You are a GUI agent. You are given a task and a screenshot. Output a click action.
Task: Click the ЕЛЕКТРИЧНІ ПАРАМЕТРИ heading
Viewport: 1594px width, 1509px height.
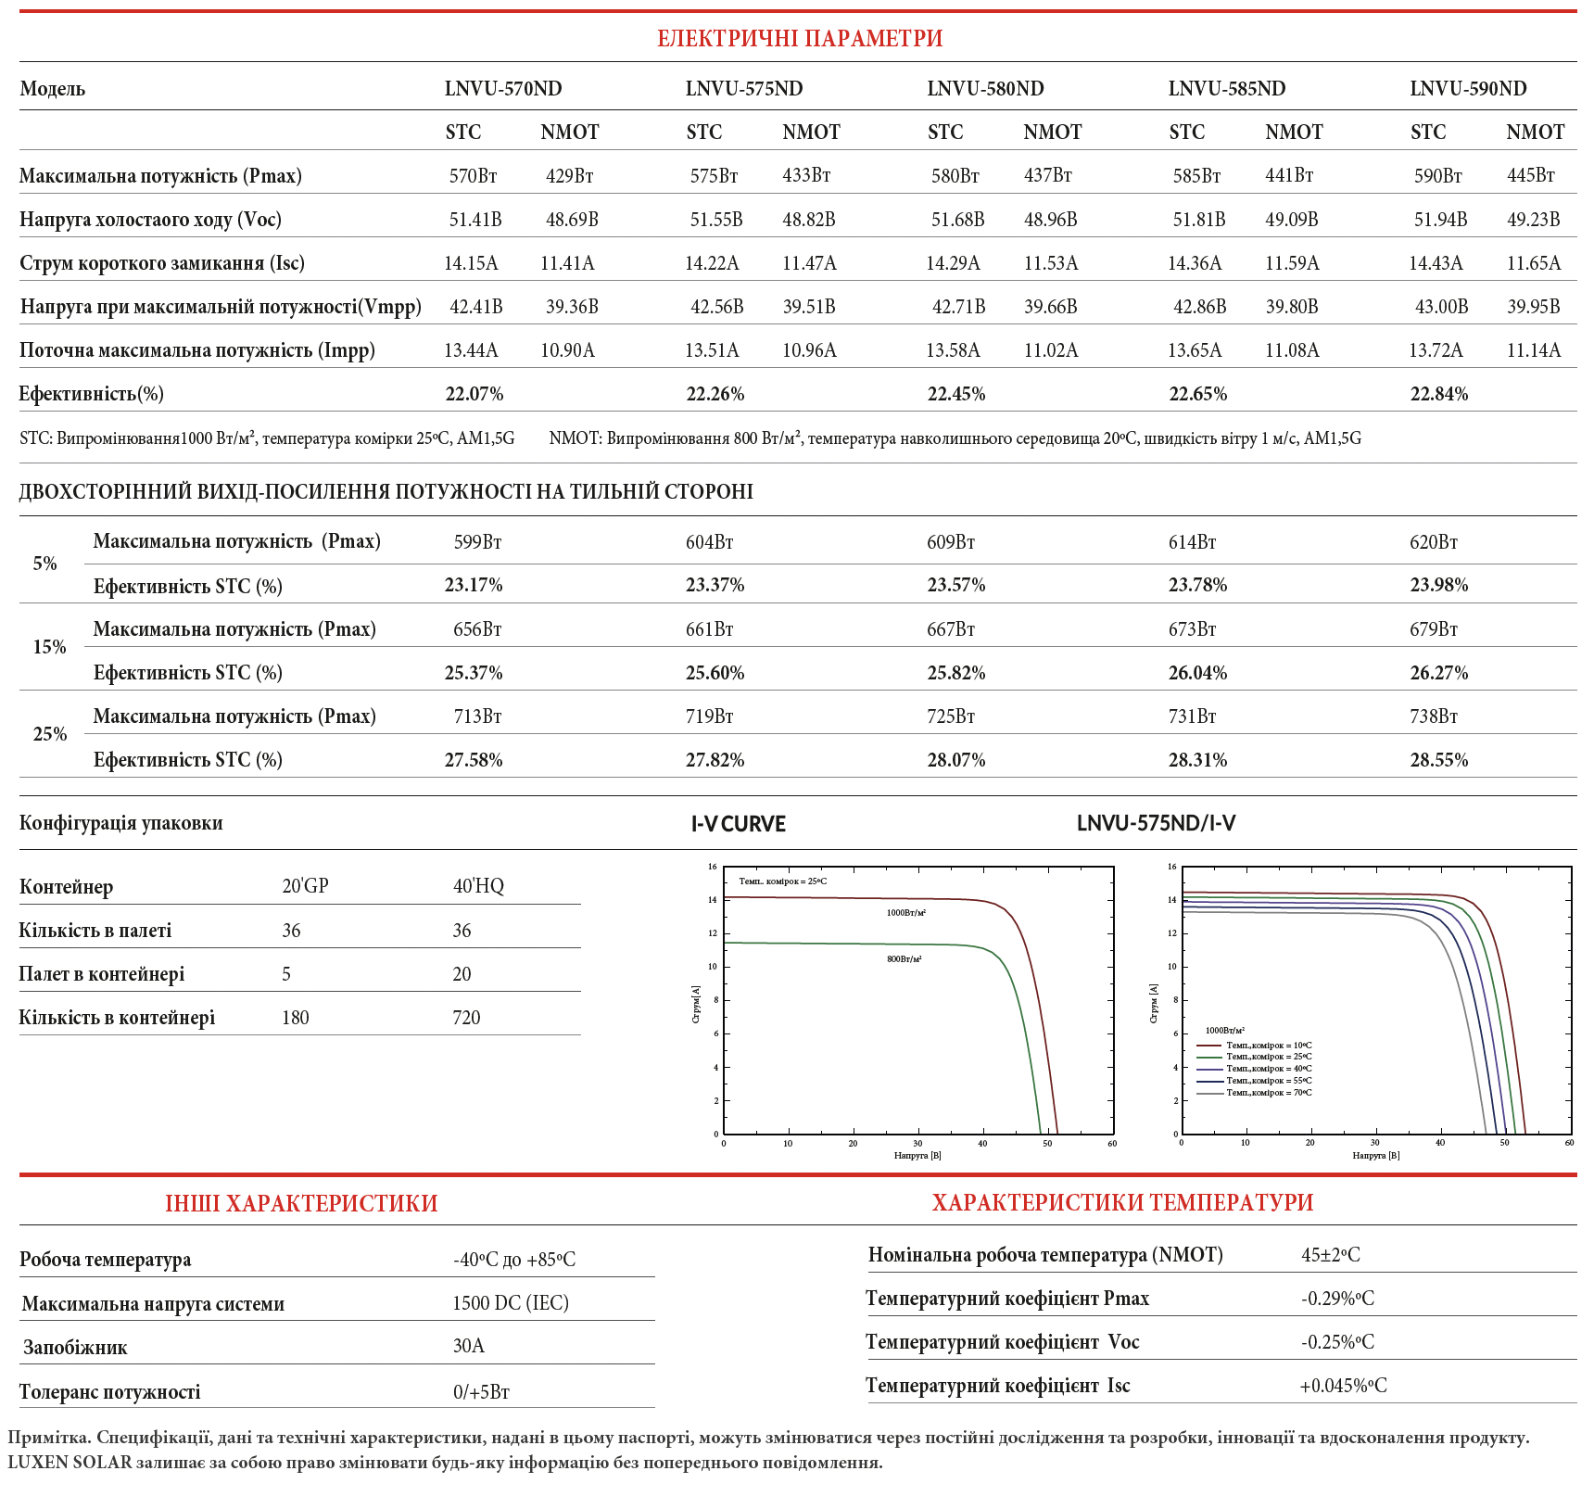(799, 38)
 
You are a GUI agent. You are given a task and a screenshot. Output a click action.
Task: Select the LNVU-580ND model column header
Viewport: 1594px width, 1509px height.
(985, 88)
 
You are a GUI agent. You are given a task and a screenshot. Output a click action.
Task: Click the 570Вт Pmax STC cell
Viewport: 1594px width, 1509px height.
(474, 175)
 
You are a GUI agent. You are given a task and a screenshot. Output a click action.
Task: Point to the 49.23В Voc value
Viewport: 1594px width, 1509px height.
(1533, 219)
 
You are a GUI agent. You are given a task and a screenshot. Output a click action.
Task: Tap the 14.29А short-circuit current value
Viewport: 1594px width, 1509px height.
(953, 262)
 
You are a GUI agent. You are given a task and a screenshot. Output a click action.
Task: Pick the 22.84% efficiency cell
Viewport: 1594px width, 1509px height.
(1438, 393)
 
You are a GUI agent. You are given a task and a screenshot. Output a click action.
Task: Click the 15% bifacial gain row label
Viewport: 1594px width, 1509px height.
(49, 646)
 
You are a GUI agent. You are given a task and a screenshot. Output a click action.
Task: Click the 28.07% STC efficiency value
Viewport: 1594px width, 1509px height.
(955, 759)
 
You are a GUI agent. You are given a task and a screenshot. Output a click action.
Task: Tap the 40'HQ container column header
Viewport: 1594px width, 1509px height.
(478, 885)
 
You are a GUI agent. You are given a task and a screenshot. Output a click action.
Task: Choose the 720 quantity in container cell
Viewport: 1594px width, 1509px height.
(466, 1017)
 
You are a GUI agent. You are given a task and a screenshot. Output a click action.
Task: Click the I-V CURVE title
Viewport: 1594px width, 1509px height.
(738, 823)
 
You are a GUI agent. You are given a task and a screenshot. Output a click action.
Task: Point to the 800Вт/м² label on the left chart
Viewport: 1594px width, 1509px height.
(904, 958)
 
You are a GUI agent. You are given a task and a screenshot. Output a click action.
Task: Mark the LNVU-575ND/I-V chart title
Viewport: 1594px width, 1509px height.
(1156, 823)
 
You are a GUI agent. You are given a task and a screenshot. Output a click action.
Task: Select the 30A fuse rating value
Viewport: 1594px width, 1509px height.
(468, 1345)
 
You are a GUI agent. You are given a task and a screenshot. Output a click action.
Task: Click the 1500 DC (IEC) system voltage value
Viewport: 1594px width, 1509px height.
(510, 1302)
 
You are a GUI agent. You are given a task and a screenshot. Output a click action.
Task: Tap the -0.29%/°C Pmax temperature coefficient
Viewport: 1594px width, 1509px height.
(1336, 1298)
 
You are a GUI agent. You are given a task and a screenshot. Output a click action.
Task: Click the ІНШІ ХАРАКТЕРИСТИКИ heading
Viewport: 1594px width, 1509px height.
(301, 1202)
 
